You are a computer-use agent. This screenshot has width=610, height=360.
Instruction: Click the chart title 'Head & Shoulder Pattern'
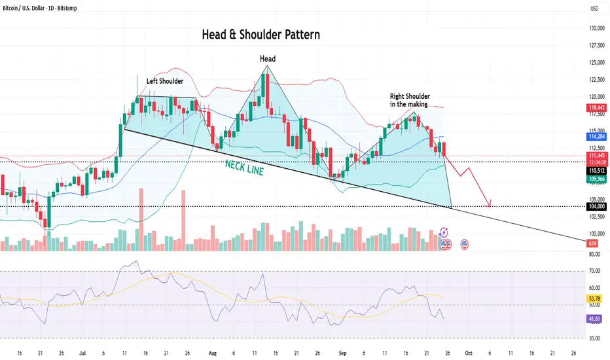[x=261, y=35]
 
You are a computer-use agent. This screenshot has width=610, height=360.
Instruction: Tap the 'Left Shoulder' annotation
[x=165, y=81]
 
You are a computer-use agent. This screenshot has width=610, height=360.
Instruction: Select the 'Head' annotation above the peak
[x=268, y=59]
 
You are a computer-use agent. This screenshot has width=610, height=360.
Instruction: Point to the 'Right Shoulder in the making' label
[x=410, y=99]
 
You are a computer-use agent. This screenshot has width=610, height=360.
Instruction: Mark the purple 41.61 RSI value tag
[x=594, y=319]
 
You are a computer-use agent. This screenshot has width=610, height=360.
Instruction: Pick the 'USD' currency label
[x=595, y=9]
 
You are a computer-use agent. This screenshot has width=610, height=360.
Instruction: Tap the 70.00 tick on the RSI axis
[x=594, y=270]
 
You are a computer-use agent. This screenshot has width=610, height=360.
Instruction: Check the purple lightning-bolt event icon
[x=444, y=232]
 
